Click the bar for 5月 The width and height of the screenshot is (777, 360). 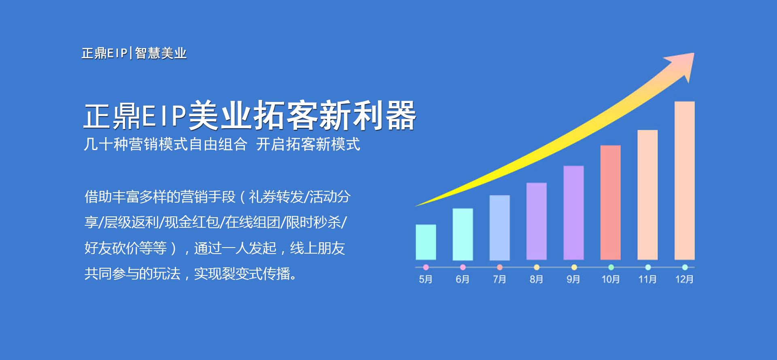[426, 242]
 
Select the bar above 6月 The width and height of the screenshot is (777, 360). [463, 234]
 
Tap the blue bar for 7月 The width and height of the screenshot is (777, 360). [499, 228]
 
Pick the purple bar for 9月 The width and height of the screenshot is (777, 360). [573, 213]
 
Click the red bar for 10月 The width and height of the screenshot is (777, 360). [610, 202]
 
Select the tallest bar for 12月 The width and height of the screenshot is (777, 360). [684, 180]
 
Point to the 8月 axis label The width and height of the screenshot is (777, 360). [536, 279]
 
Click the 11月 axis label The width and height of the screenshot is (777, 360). [647, 279]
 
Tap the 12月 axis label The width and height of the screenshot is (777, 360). [684, 279]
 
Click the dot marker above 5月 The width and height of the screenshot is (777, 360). [426, 267]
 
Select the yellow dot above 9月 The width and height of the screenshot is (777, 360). [574, 267]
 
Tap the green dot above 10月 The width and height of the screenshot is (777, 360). [611, 267]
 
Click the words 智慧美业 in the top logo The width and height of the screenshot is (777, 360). [161, 53]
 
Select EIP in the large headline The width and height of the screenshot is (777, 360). [163, 116]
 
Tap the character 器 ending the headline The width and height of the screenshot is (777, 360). [401, 116]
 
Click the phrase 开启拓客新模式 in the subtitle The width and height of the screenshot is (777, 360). [308, 144]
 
